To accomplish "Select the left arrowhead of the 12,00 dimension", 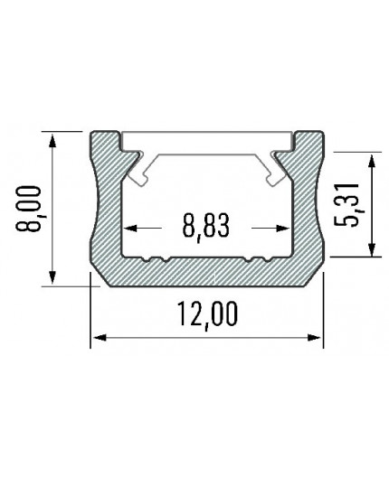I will [98, 339].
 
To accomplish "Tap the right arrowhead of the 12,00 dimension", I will [317, 339].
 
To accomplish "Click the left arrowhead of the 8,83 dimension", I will [128, 228].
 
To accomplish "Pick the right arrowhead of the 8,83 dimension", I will [285, 228].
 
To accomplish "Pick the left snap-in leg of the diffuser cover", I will [138, 172].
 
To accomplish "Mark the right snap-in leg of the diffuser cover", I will [277, 172].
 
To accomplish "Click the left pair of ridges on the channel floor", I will [157, 261].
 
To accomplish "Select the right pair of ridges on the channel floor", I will [257, 261].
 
